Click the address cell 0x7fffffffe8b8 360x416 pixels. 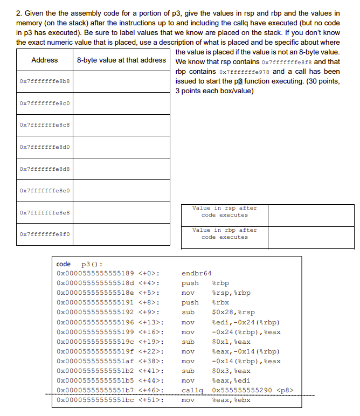[45, 81]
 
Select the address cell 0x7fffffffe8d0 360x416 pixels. [45, 147]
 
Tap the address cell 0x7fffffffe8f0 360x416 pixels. [45, 234]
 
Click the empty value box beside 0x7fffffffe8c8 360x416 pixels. [122, 124]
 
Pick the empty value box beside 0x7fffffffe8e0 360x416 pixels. [122, 190]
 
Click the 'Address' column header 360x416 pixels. [45, 60]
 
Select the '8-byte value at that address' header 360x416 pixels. [122, 60]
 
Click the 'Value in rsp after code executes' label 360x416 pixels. [225, 212]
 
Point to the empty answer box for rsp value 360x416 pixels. [311, 215]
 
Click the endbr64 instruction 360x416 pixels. [197, 273]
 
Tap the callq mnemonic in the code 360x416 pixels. [191, 390]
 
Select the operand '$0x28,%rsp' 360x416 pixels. [234, 312]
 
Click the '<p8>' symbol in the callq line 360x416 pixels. [286, 390]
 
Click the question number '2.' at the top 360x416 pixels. [19, 13]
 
